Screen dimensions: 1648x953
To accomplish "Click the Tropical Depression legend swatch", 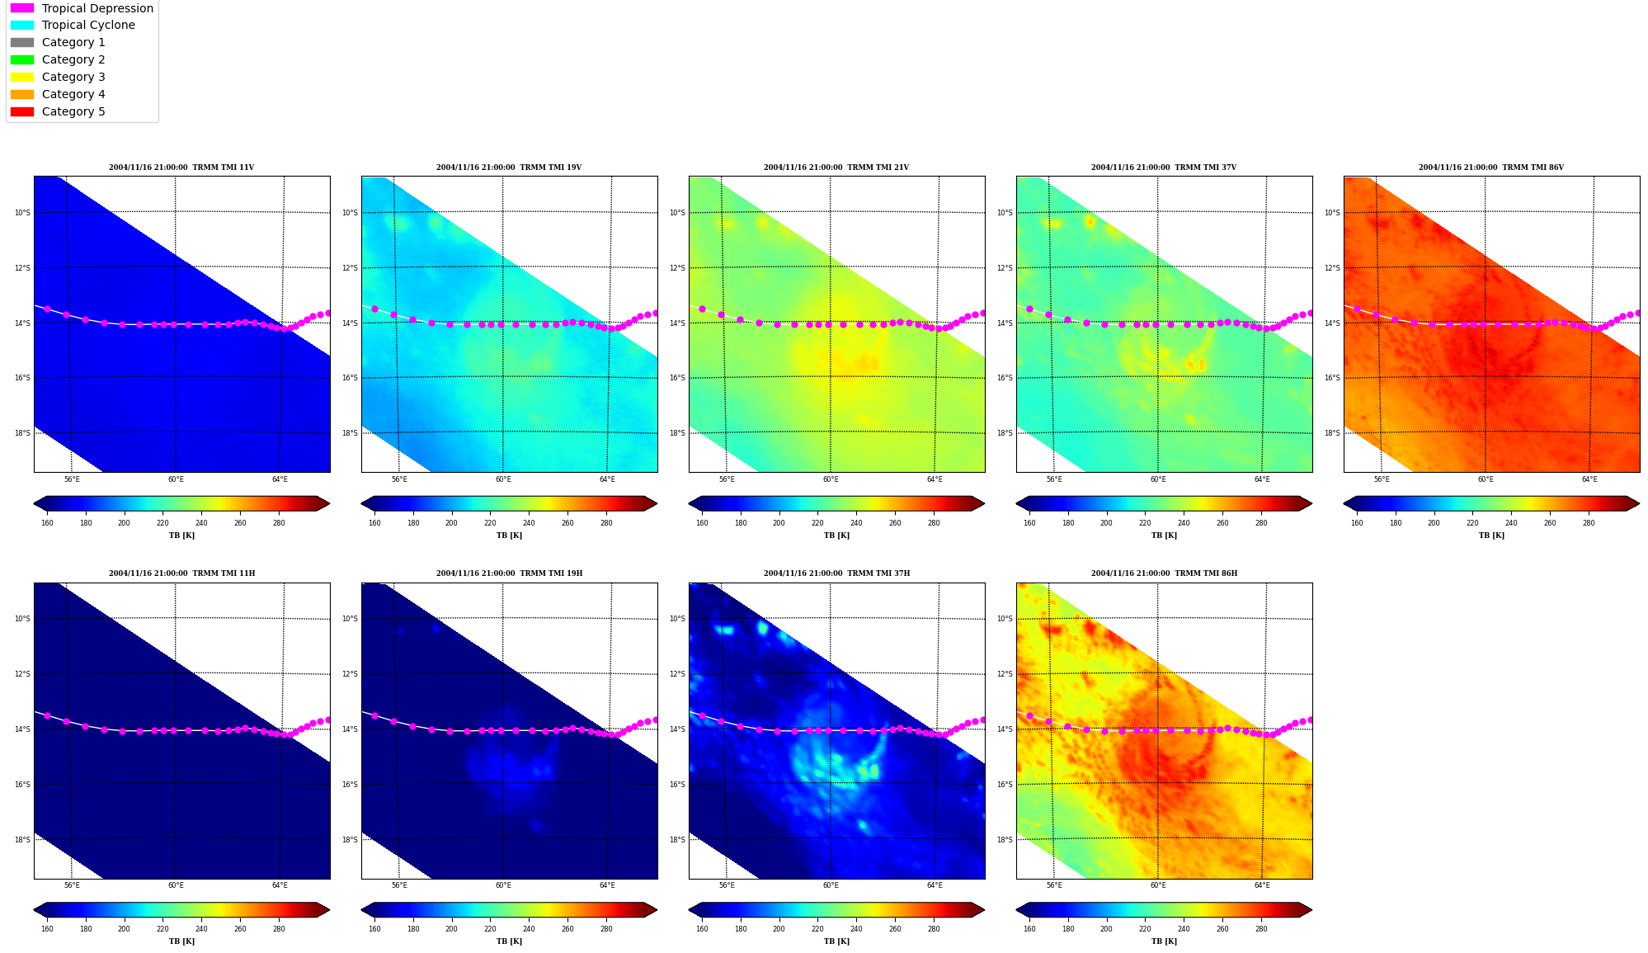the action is click(x=22, y=8).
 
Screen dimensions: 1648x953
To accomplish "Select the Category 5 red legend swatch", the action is click(x=22, y=111).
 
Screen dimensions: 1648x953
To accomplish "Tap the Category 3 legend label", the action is click(x=73, y=77).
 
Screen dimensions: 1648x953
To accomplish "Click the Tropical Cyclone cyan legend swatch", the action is click(x=22, y=26).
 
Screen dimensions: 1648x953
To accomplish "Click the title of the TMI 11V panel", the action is click(x=181, y=167).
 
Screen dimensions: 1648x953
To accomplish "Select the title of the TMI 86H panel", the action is click(x=1164, y=573).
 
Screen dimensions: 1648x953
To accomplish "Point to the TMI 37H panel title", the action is click(x=836, y=573).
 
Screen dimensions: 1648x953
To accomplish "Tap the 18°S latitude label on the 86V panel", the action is click(x=1332, y=433).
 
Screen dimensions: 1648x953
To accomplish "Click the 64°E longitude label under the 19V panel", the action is click(x=607, y=479).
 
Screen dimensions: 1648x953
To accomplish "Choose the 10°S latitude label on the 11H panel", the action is click(x=22, y=619).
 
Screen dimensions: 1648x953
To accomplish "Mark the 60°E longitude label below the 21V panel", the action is click(x=831, y=479).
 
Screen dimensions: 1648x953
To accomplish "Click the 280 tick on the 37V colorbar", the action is click(x=1261, y=523).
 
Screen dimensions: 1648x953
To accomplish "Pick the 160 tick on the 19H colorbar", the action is click(x=374, y=929).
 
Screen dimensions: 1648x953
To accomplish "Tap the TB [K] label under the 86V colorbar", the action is click(x=1491, y=535).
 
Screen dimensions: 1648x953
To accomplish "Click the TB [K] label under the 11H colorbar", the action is click(x=181, y=941).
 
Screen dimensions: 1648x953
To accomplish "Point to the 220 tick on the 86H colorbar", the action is click(x=1145, y=929).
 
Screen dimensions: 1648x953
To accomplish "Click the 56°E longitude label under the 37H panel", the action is click(x=727, y=885).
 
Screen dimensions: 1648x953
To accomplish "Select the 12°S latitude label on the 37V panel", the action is click(x=1005, y=268).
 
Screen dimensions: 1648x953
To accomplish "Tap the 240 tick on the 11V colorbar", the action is click(x=201, y=523).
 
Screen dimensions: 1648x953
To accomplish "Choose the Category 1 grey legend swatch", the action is click(x=22, y=42).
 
